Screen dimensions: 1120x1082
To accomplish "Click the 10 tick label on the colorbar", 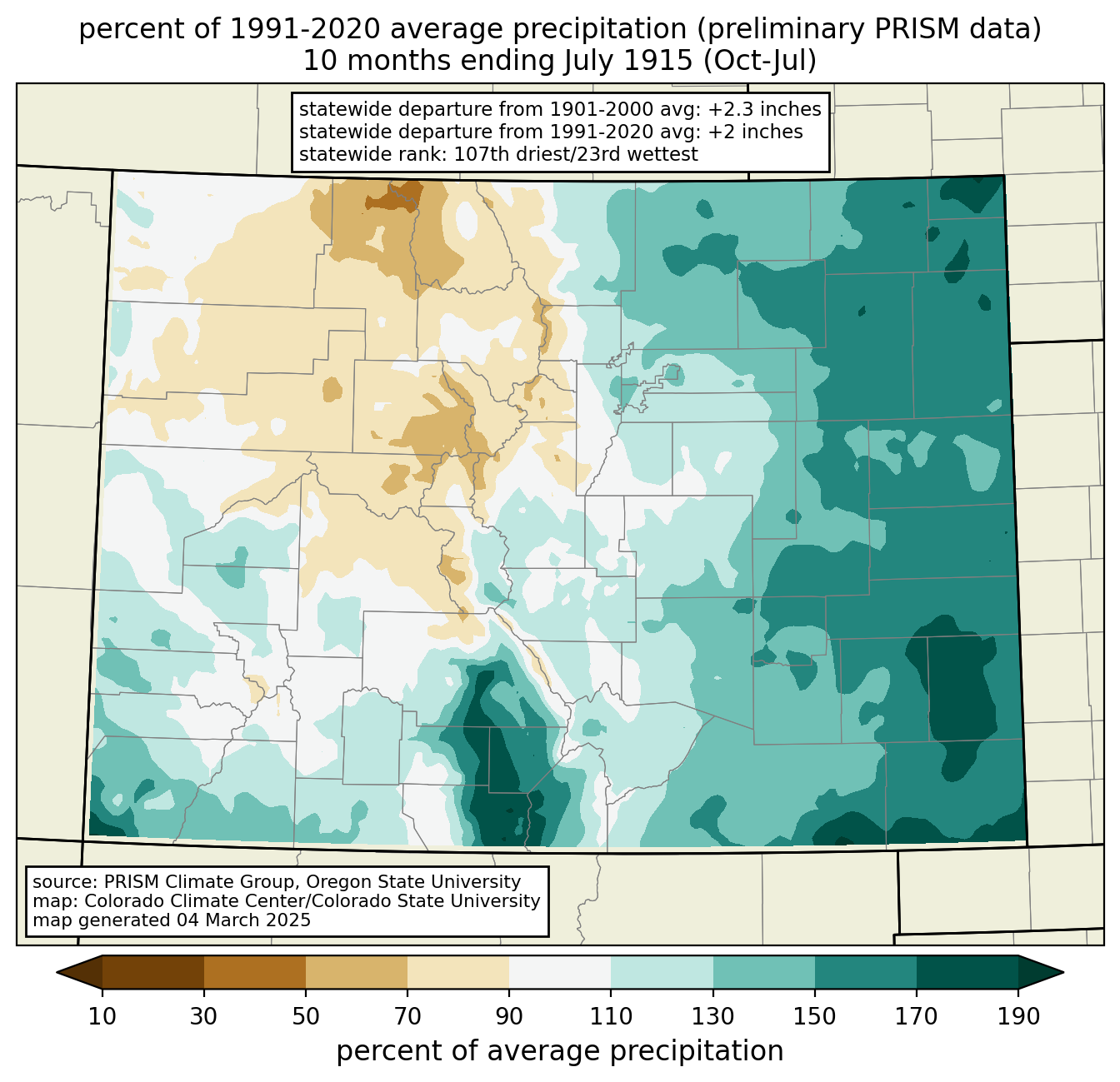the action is coord(102,1017).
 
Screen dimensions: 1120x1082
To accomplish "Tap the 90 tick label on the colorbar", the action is coord(509,1017).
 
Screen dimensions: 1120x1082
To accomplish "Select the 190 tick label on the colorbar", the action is coord(1018,1017).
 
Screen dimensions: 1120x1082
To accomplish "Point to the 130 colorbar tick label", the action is coord(712,1017).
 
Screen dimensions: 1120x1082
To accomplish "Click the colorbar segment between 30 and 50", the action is coord(255,972).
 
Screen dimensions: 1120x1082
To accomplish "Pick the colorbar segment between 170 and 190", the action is coord(967,972).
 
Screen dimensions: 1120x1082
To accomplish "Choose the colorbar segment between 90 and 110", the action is coord(560,972).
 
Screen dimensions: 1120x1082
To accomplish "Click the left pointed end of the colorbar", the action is coord(57,972).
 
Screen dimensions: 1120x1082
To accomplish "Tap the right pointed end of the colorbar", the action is coord(1062,972).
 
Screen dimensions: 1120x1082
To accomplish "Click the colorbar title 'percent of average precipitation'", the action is coord(560,1050).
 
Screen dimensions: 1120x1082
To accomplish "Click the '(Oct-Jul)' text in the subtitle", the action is coord(760,61).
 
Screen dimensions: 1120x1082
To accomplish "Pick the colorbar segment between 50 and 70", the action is coord(357,972).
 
